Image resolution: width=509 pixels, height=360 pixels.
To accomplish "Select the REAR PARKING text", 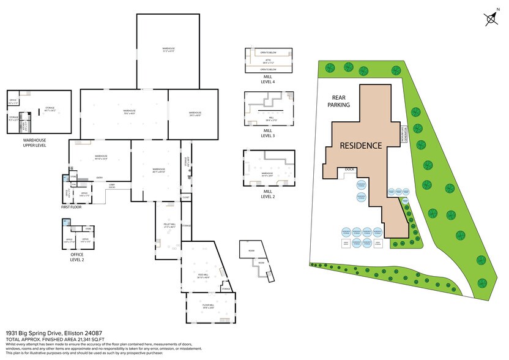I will (x=341, y=101).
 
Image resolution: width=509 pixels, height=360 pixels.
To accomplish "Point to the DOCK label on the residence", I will (x=350, y=170).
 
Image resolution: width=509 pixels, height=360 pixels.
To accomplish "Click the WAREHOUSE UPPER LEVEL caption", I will (x=26, y=142).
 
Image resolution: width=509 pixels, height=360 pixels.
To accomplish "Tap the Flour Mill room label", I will (x=209, y=305).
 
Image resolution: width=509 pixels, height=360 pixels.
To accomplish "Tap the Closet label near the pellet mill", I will (x=185, y=197).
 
